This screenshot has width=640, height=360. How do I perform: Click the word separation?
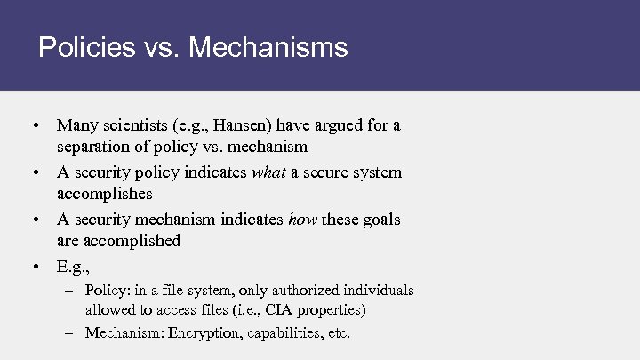coord(92,147)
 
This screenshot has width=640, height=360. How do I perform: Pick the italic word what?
coord(268,172)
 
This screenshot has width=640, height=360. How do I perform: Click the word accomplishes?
coord(105,193)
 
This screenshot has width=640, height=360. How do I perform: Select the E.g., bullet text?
coord(74,266)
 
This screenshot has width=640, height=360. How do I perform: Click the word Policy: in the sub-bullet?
coord(108,291)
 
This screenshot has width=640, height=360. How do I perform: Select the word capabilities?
coord(276,333)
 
